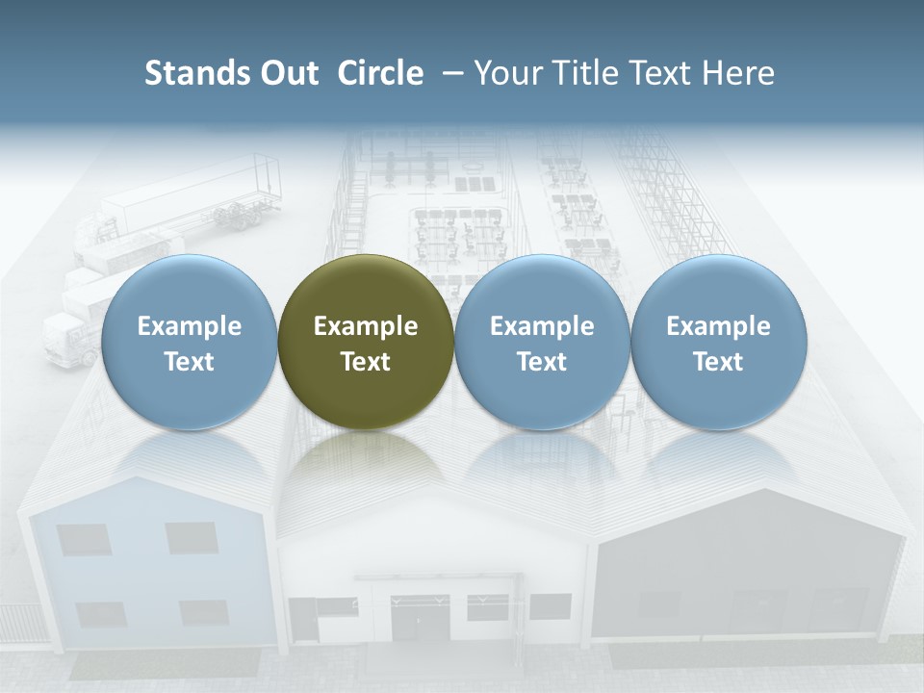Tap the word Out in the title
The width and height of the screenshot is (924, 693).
(287, 73)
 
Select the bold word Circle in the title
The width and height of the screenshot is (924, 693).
(380, 73)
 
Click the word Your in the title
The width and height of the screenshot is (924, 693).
(506, 73)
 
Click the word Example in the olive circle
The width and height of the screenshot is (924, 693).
(366, 326)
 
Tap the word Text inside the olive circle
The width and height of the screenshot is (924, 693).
(366, 362)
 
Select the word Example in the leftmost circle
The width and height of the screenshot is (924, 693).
(190, 326)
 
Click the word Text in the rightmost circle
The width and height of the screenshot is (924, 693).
(718, 362)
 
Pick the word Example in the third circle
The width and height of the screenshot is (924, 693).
(542, 326)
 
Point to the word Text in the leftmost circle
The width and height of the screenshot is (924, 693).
(190, 362)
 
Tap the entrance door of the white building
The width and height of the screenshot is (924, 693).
(419, 617)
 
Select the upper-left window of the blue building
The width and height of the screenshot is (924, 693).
(84, 539)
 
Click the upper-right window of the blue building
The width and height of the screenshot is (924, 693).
(192, 537)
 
